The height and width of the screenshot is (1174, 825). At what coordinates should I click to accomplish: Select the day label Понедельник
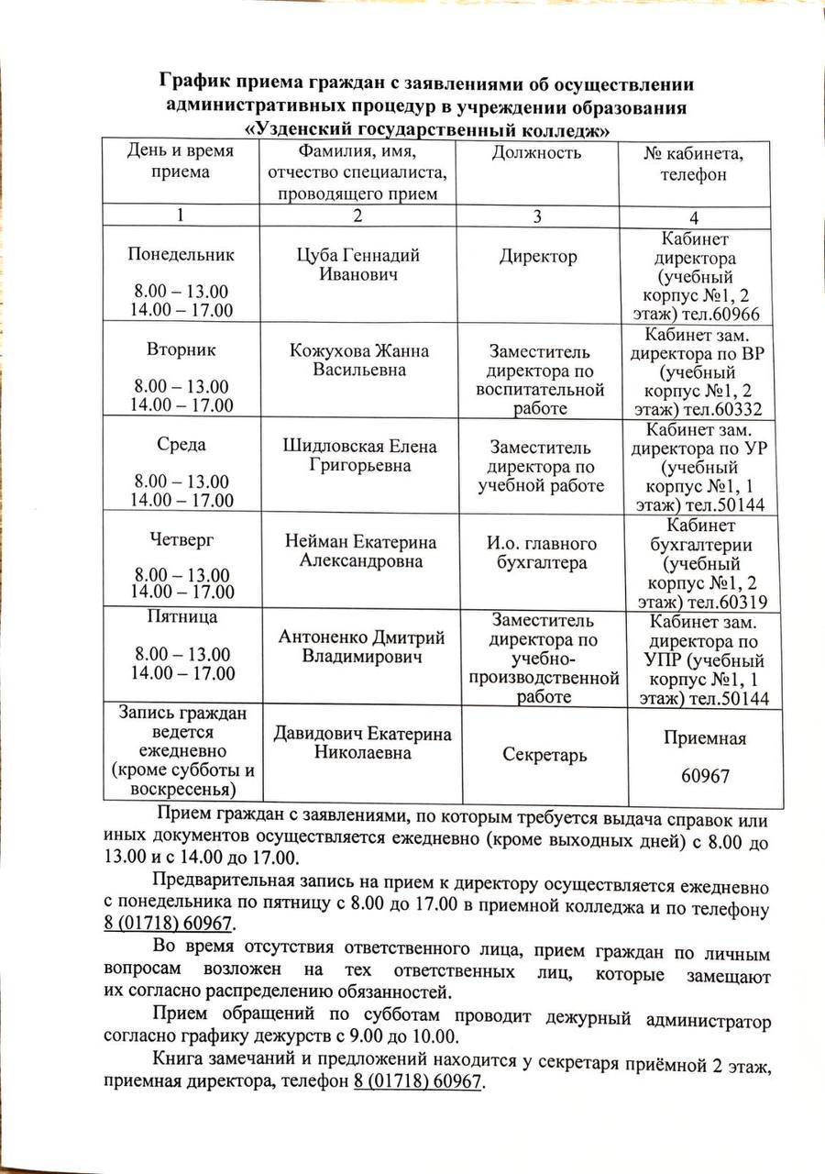click(x=181, y=254)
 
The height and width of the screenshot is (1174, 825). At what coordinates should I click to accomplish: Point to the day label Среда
click(x=181, y=445)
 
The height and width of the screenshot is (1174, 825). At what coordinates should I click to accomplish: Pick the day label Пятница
click(x=181, y=616)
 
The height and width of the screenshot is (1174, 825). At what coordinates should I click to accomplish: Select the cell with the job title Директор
click(x=538, y=257)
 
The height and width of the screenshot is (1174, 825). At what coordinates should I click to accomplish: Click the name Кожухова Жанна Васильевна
click(x=358, y=360)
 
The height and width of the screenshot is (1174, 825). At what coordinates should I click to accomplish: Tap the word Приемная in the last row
click(x=705, y=738)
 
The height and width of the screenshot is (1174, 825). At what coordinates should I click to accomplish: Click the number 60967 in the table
click(x=705, y=777)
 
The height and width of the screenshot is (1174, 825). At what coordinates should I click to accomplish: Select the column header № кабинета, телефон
click(x=694, y=162)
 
